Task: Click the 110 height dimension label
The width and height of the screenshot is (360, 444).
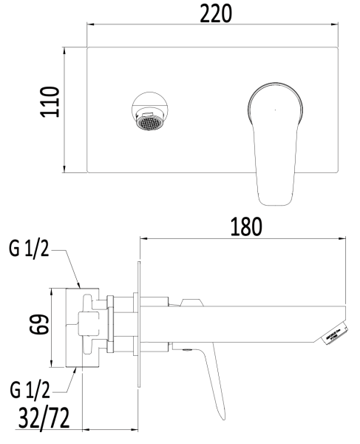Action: [50, 110]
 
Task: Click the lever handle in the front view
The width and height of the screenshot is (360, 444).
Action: [274, 141]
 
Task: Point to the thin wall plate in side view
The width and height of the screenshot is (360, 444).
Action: [137, 326]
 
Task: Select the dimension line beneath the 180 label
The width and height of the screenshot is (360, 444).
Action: [243, 238]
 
